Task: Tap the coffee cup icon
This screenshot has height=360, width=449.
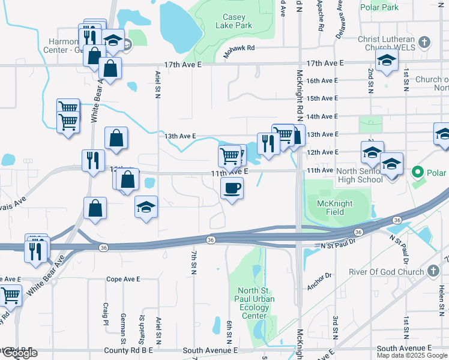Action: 232,189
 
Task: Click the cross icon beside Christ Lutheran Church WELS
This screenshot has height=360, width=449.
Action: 425,42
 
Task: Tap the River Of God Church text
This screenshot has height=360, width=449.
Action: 387,272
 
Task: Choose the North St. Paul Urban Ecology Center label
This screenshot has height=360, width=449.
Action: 255,304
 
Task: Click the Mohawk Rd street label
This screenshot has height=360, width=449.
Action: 241,47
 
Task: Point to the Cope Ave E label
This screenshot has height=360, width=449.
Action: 123,279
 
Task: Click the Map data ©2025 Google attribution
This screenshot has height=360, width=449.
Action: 412,355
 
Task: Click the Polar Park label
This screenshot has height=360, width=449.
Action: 379,8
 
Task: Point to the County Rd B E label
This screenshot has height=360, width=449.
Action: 130,350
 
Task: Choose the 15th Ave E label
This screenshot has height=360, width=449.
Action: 322,98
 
